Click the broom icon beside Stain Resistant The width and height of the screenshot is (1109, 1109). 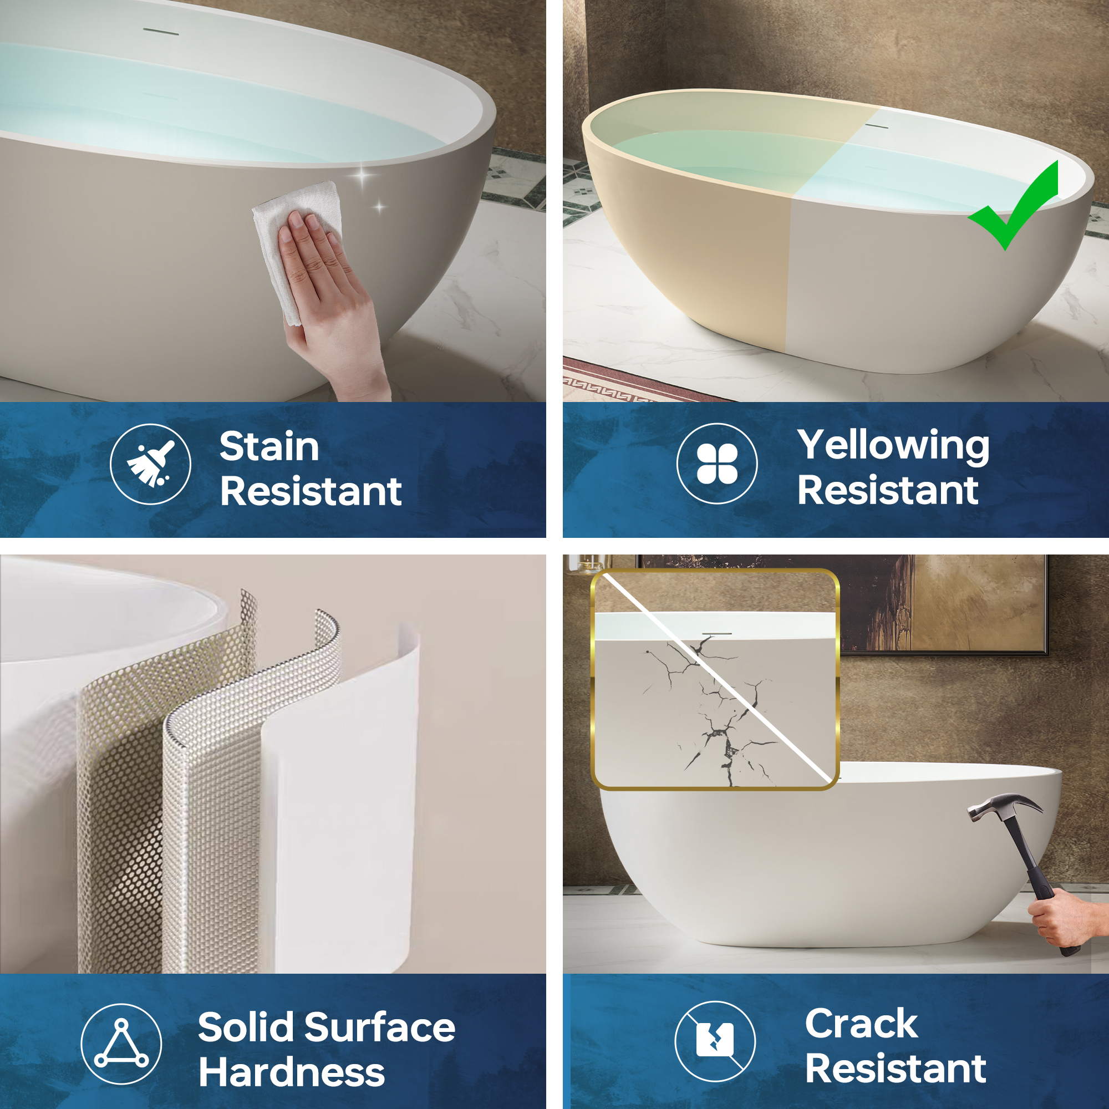coord(150,464)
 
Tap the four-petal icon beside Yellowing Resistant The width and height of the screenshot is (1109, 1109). coord(717,463)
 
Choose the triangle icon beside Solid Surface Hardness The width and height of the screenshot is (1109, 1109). coord(121,1043)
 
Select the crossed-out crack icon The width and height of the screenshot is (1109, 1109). coord(715,1041)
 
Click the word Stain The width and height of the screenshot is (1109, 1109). coord(269,446)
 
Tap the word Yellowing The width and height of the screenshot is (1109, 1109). coord(894,446)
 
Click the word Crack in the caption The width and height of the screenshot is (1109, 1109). coord(861,1023)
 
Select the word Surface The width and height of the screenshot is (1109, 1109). coord(379,1027)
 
